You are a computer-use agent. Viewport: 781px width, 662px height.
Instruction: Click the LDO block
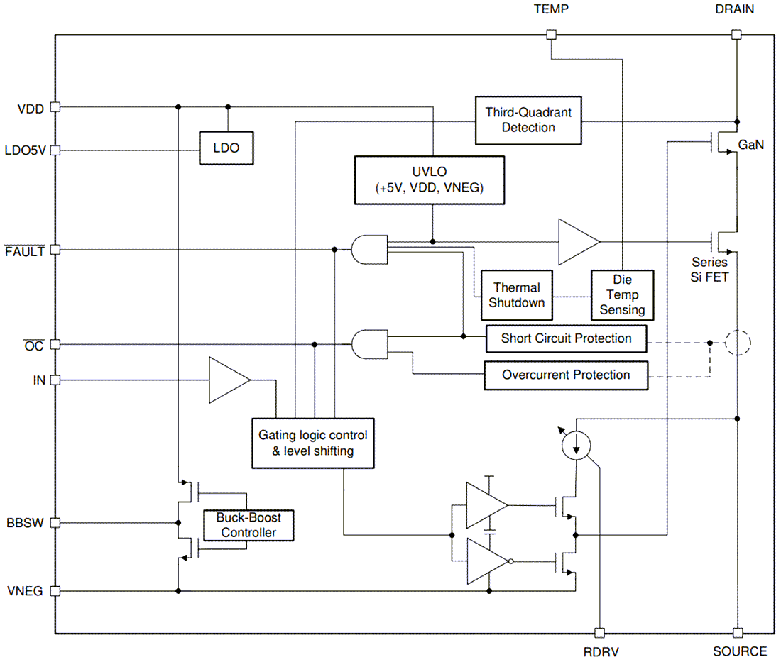227,148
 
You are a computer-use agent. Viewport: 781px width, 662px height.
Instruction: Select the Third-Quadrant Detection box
528,120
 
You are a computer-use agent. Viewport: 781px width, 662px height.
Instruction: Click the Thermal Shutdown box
517,294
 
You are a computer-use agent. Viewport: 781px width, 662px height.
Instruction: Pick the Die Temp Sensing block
622,294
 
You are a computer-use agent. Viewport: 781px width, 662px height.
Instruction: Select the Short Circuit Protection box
566,338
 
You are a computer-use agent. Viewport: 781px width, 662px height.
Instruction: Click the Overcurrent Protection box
566,375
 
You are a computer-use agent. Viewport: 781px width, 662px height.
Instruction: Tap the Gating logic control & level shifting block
313,443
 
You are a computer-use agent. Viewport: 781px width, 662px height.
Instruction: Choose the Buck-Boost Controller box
248,525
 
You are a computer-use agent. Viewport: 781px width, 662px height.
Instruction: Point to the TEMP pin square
551,34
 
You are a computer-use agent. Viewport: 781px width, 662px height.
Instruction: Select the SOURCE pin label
740,651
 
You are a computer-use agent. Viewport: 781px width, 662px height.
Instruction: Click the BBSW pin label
26,524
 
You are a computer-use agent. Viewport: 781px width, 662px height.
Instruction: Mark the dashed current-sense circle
738,343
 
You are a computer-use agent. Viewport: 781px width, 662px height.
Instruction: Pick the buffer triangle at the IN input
228,380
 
